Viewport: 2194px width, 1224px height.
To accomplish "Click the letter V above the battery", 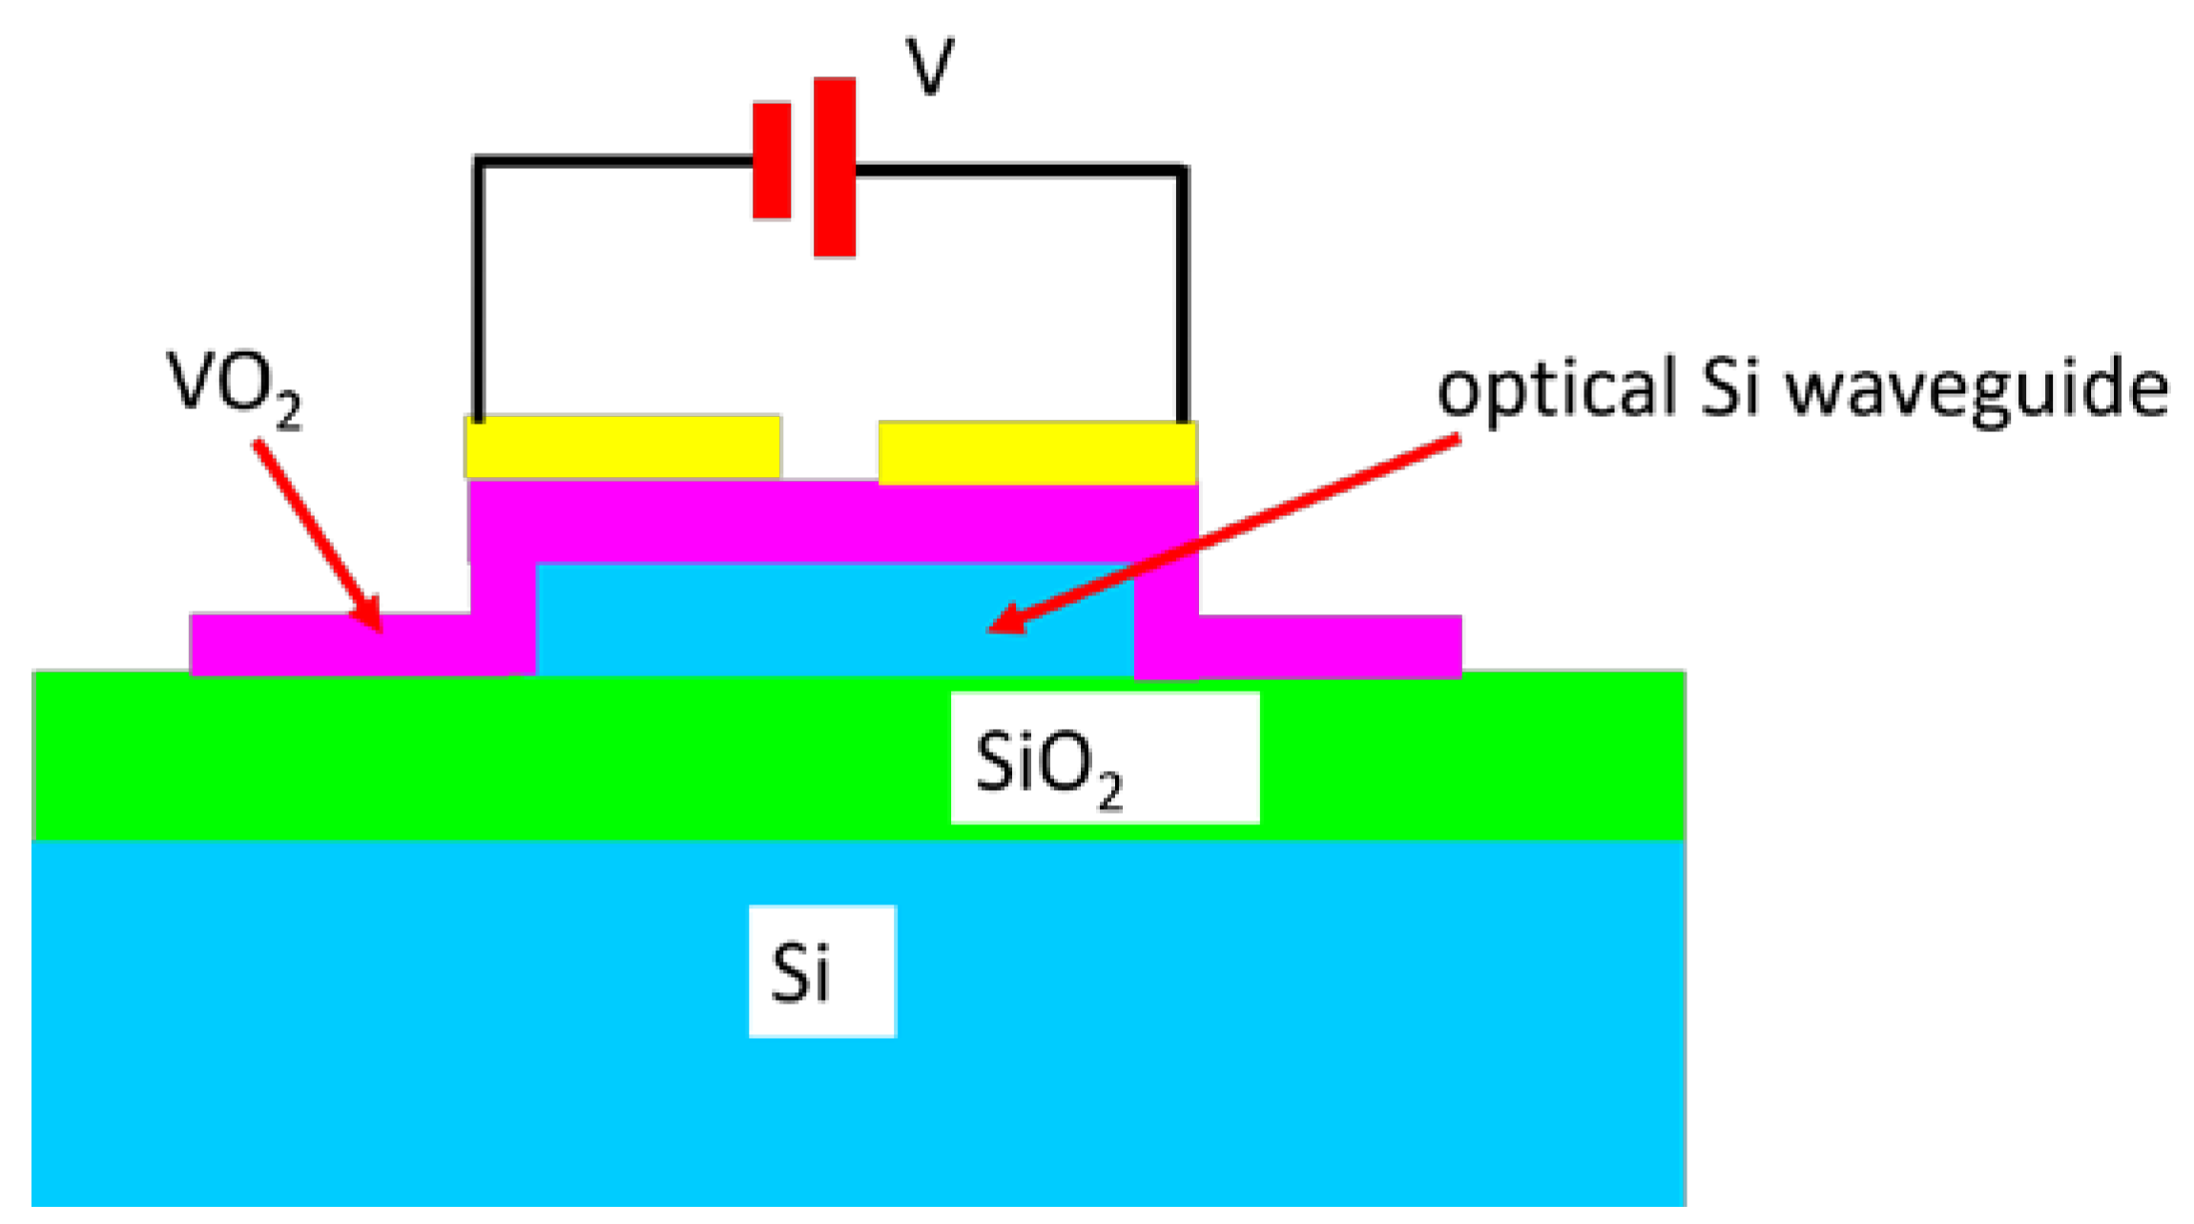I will pos(928,67).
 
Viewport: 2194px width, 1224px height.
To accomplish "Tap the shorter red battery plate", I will pos(771,160).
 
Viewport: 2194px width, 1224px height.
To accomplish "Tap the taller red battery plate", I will pos(834,167).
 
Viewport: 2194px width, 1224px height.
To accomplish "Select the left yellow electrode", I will pos(622,446).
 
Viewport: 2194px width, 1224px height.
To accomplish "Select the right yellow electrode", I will pos(1037,453).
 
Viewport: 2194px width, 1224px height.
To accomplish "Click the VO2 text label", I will pos(234,386).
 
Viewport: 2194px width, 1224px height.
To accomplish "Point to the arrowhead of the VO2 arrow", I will pos(372,620).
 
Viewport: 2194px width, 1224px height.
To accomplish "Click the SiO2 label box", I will pos(1104,757).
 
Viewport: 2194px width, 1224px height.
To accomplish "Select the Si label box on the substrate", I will pos(821,970).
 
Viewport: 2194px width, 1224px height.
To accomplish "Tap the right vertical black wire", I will pos(1182,296).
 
